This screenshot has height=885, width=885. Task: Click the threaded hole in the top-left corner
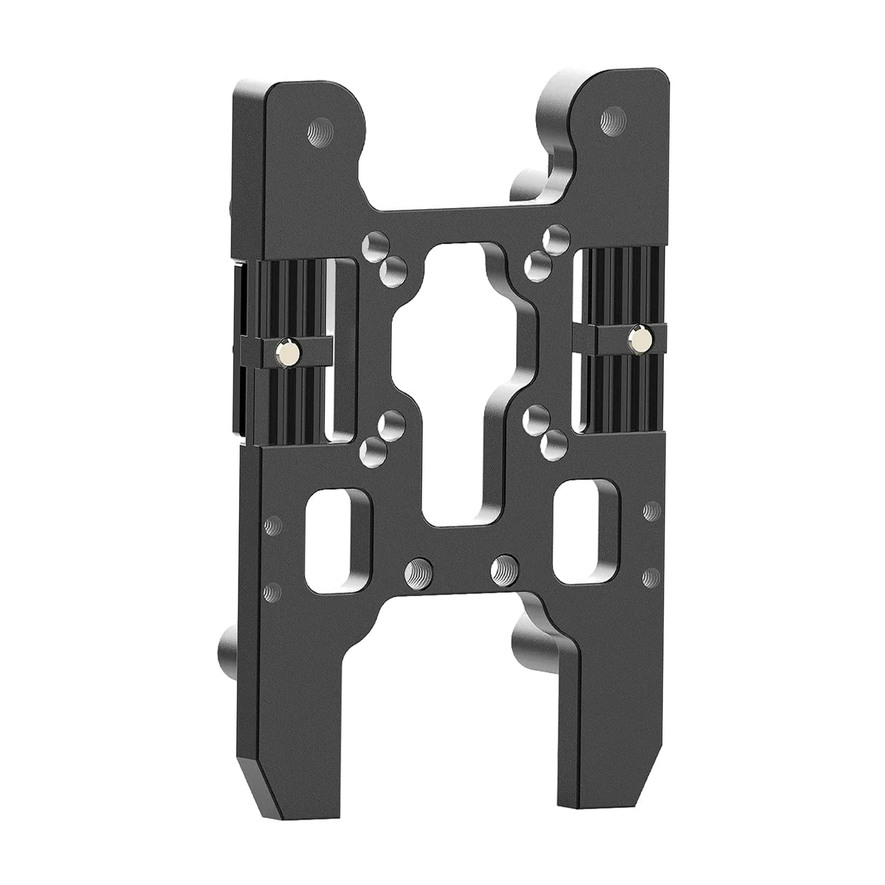click(x=316, y=133)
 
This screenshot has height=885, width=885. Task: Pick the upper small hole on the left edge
click(x=273, y=523)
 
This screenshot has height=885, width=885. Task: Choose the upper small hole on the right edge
click(x=649, y=510)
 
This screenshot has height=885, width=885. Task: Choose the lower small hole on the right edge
click(x=649, y=577)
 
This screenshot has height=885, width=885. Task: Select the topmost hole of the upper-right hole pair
click(x=556, y=235)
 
